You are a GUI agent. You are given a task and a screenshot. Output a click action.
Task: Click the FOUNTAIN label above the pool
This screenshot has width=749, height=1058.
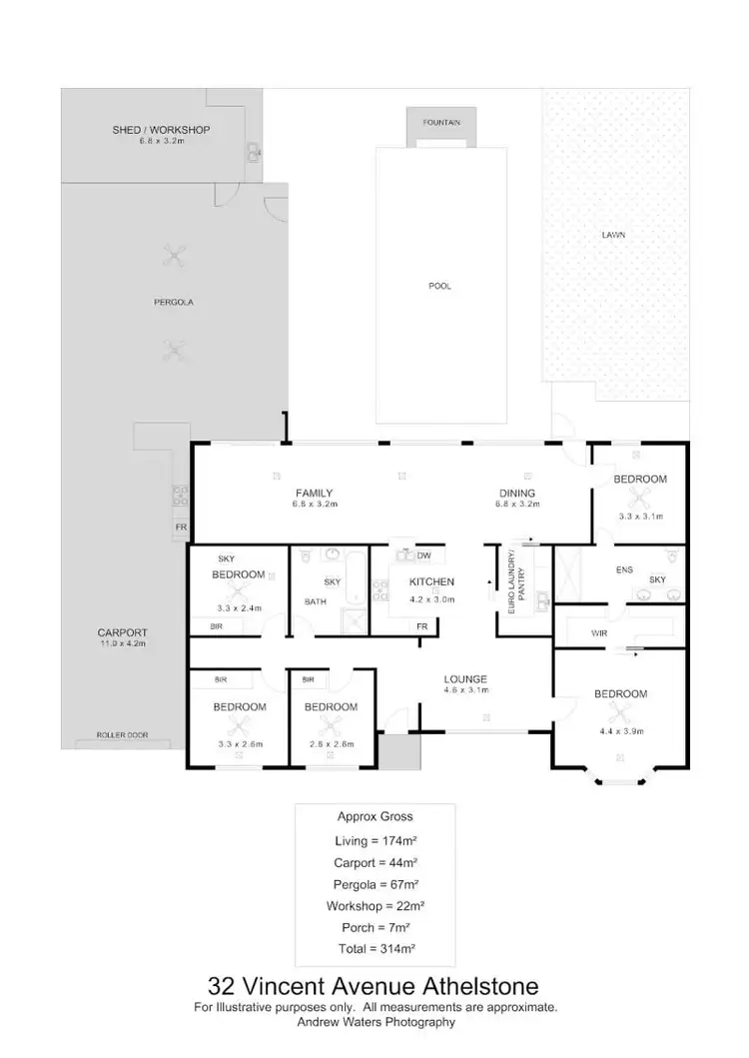click(440, 122)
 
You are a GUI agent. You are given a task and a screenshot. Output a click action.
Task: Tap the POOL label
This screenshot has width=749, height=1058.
click(439, 286)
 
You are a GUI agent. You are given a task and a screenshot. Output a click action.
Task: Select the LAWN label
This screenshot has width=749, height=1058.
click(613, 236)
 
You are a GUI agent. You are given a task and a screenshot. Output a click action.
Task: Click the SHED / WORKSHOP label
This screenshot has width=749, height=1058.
click(161, 130)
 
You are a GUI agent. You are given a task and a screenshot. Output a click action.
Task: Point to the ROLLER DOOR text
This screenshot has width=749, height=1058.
click(122, 734)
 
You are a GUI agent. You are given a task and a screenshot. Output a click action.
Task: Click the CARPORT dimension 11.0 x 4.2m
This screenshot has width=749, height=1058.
click(122, 644)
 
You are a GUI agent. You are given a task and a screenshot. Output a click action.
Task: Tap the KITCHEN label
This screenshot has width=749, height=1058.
click(432, 581)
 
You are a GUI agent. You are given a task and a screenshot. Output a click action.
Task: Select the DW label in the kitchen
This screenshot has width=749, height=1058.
click(423, 555)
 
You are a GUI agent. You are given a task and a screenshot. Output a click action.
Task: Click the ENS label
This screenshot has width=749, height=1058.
click(596, 569)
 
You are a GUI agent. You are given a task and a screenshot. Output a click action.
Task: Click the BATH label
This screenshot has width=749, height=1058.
click(316, 601)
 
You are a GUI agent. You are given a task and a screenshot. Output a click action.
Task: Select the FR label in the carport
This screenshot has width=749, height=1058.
click(181, 527)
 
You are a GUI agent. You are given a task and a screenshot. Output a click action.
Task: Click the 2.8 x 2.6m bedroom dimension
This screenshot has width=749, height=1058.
click(331, 744)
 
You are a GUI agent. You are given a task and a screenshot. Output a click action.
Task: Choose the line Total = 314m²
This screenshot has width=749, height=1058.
click(374, 947)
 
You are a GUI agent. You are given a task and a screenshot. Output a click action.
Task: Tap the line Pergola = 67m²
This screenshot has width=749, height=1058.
click(374, 883)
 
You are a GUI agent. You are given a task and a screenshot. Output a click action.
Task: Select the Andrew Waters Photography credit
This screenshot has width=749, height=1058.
click(374, 1022)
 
